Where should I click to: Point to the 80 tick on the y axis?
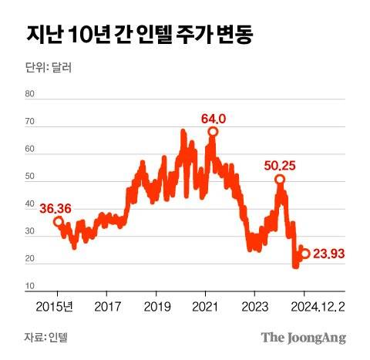[31, 95]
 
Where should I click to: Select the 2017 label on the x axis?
[107, 306]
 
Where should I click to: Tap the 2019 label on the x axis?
[156, 306]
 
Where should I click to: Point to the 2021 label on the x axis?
[205, 306]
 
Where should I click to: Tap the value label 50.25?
[281, 165]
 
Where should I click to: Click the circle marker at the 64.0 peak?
[213, 132]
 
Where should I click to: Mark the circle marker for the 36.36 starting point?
[59, 221]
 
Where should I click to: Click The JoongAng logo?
[303, 337]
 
